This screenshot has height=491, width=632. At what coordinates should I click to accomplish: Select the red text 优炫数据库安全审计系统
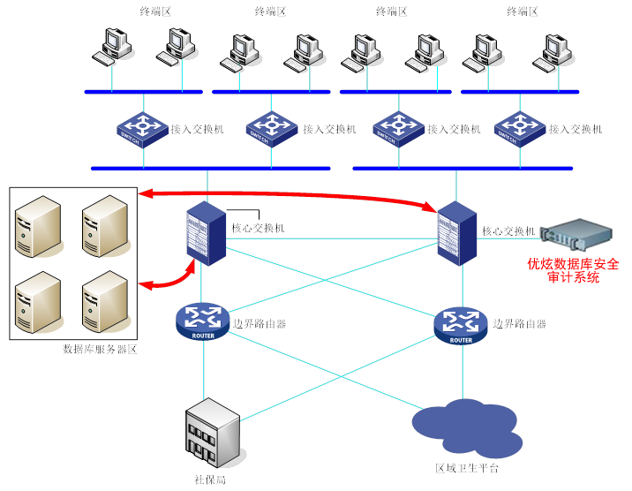pos(573,270)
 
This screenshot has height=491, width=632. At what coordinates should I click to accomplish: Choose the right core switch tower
pos(457,231)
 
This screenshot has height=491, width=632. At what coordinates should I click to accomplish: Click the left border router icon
pos(203,321)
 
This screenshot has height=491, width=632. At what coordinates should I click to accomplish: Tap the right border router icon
pos(460,326)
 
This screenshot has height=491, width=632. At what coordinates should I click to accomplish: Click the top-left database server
pos(39,227)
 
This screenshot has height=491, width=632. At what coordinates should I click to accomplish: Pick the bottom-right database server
pos(104,301)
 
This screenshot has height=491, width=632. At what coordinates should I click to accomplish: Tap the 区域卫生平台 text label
pos(467,468)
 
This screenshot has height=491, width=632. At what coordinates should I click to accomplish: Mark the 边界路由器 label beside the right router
pos(519,323)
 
